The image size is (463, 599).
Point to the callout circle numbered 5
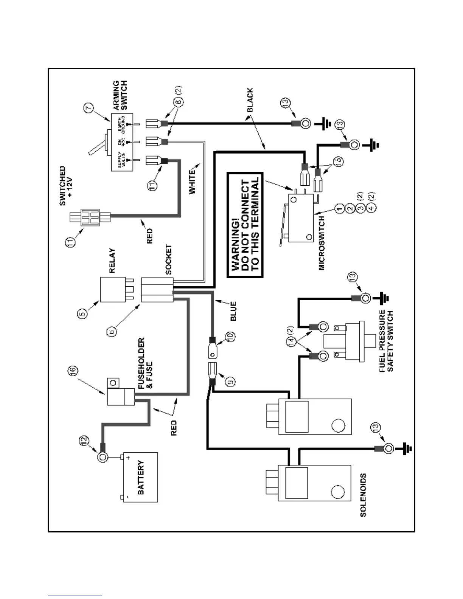click(x=83, y=313)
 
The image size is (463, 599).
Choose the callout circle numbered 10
click(x=230, y=336)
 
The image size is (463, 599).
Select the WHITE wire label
click(x=193, y=182)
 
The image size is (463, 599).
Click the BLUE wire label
click(x=234, y=311)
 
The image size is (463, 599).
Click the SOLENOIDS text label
click(x=363, y=495)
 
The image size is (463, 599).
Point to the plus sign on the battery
click(x=128, y=458)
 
